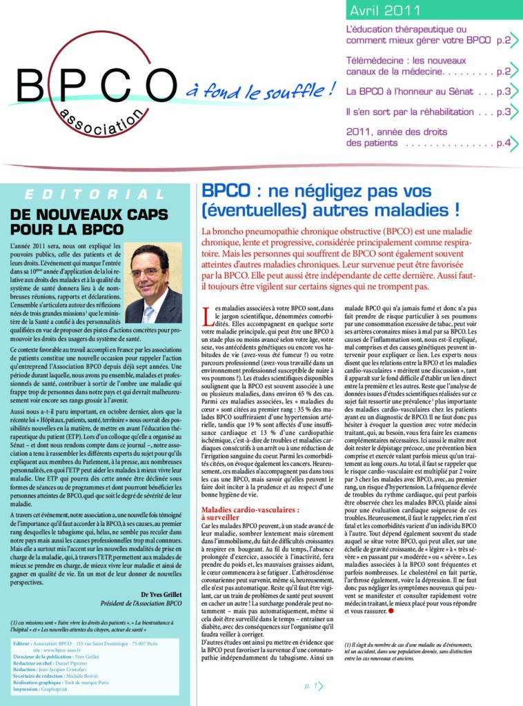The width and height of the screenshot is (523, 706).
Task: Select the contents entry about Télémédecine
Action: [x=428, y=66]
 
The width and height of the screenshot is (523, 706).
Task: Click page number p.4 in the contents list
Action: [x=504, y=143]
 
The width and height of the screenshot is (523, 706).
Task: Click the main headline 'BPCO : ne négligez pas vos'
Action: [x=316, y=192]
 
